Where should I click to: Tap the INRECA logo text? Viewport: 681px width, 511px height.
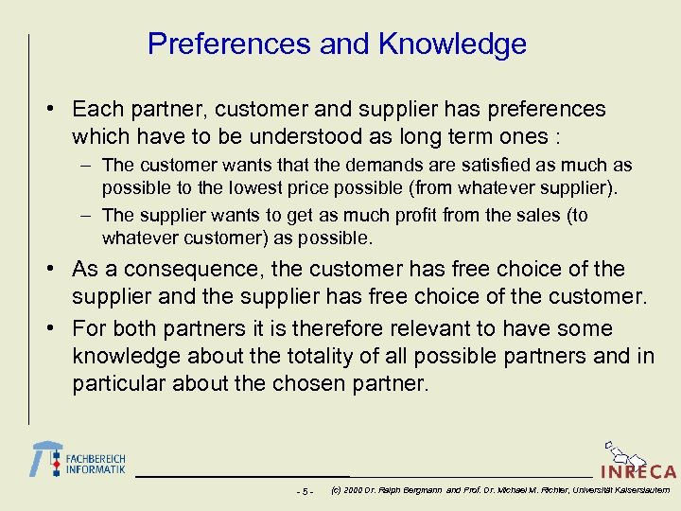(638, 472)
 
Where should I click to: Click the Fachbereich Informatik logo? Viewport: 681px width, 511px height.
(79, 459)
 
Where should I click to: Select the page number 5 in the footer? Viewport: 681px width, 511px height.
(304, 491)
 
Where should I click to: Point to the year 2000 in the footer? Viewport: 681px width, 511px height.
(356, 490)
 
